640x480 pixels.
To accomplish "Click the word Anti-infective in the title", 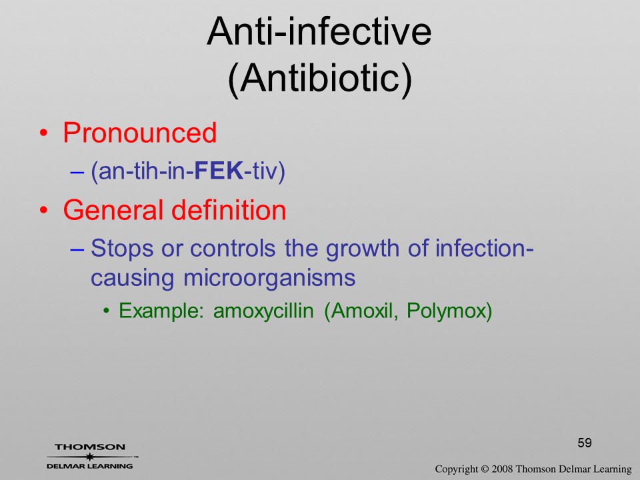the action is (x=319, y=31).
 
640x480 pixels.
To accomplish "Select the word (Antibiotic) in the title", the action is (x=320, y=79).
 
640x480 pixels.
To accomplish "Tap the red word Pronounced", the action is (x=139, y=133).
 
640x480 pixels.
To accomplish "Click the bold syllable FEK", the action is (x=219, y=171).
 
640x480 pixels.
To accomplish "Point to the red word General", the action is (x=113, y=210).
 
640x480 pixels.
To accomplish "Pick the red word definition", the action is (x=229, y=210).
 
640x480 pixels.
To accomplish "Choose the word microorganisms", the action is (x=269, y=279).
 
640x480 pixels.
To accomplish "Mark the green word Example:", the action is (x=161, y=311).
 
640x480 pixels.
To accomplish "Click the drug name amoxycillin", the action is (x=263, y=311).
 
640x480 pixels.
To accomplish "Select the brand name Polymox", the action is (x=449, y=311).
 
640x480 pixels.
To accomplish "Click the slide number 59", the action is (x=585, y=443).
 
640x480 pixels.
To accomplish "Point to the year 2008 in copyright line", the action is (x=502, y=469).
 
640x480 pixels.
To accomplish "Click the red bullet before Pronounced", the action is (x=44, y=133).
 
